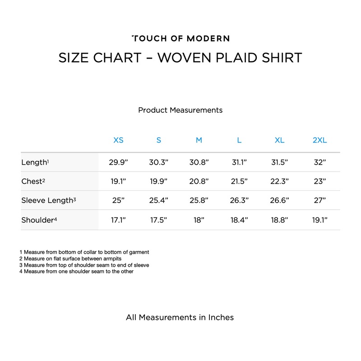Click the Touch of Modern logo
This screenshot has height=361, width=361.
click(x=180, y=38)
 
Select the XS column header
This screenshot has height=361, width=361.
click(x=118, y=140)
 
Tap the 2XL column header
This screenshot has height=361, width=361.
click(x=319, y=140)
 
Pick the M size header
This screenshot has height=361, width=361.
click(x=199, y=140)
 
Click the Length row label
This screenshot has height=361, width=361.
click(x=35, y=162)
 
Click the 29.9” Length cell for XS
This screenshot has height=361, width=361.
click(x=118, y=162)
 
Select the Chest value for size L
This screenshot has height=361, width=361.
click(x=239, y=181)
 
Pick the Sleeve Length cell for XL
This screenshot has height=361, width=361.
click(x=279, y=200)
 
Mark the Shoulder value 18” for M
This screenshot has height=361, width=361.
click(x=199, y=220)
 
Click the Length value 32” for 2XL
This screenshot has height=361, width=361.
click(x=319, y=162)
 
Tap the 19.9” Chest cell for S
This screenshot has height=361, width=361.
click(x=158, y=181)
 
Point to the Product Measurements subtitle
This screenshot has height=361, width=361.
click(x=180, y=110)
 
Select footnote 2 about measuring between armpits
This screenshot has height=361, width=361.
click(x=70, y=259)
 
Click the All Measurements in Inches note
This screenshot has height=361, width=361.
click(x=180, y=317)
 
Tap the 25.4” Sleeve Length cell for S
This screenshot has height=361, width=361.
click(x=158, y=200)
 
